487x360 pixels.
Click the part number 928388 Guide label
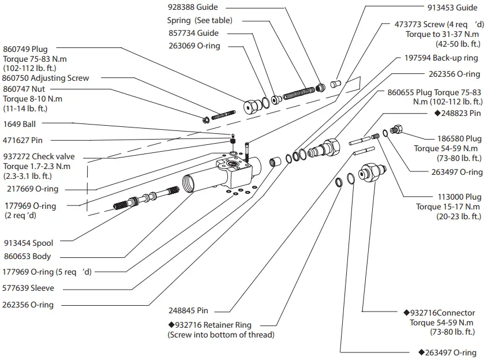pos(194,7)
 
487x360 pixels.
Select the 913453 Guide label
pos(452,7)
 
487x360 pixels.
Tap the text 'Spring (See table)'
pos(200,21)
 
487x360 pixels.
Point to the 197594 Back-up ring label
pos(441,58)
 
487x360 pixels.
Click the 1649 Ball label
pos(20,124)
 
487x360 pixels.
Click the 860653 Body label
pos(27,256)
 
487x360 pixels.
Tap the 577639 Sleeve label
pos(28,288)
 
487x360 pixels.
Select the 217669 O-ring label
pos(31,189)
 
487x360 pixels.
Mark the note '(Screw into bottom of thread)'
pos(221,335)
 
